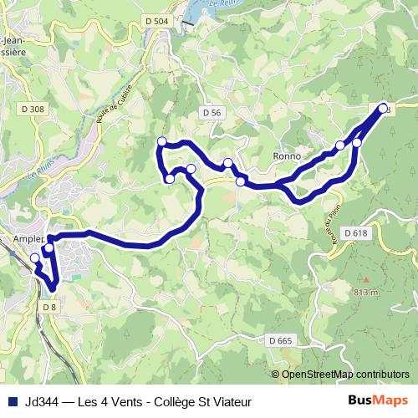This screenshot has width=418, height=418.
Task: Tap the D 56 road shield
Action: point(212,111)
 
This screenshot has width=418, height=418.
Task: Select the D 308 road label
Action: point(33,109)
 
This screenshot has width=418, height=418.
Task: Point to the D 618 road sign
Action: point(354,233)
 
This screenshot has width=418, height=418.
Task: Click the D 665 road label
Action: point(280,339)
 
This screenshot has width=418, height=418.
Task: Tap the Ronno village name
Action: point(286,156)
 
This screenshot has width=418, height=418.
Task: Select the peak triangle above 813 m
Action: point(365,279)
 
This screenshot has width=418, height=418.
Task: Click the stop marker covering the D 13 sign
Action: point(384,109)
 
